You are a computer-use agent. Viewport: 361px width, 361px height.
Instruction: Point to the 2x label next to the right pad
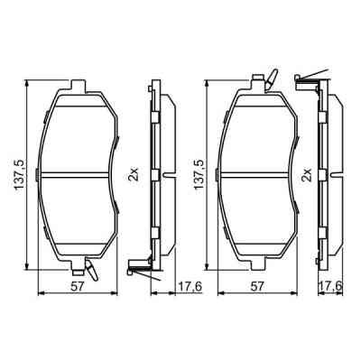(x=307, y=172)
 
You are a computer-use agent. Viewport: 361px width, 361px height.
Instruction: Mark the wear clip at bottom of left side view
(x=139, y=264)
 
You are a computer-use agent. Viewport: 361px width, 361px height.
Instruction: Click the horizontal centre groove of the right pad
(x=258, y=173)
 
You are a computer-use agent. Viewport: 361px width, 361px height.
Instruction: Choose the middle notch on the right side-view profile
(x=328, y=172)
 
